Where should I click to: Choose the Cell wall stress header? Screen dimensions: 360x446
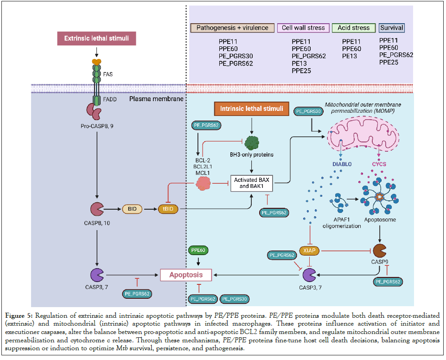pyautogui.click(x=304, y=27)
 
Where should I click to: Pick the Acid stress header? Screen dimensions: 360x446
pyautogui.click(x=354, y=27)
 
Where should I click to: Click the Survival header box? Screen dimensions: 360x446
pyautogui.click(x=392, y=27)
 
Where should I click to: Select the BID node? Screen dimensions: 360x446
pyautogui.click(x=132, y=209)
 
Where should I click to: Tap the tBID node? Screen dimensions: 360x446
pyautogui.click(x=169, y=209)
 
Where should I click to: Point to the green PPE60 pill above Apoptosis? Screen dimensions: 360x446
pyautogui.click(x=198, y=251)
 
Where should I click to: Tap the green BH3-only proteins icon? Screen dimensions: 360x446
pyautogui.click(x=252, y=143)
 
